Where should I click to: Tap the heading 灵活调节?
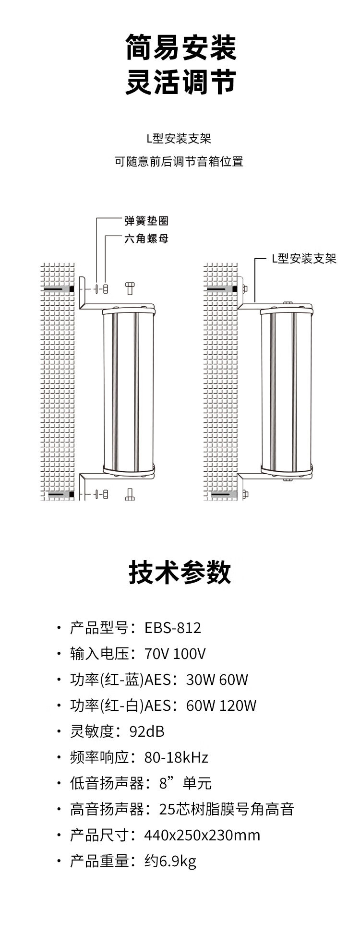click(x=181, y=82)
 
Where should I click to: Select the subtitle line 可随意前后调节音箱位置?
click(x=179, y=162)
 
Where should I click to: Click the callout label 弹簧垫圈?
click(x=146, y=221)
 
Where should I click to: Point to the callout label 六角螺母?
click(x=146, y=239)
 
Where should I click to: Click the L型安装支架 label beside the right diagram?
click(x=304, y=259)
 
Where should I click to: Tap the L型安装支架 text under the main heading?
click(x=179, y=139)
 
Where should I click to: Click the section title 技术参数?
click(x=180, y=573)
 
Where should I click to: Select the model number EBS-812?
click(x=173, y=628)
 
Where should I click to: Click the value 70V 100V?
click(x=175, y=654)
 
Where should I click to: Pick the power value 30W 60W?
click(x=217, y=680)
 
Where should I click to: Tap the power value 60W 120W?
click(x=221, y=706)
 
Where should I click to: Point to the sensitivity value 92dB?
click(x=147, y=731)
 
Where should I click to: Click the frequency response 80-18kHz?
click(x=176, y=757)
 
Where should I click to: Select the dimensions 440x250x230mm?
click(x=202, y=835)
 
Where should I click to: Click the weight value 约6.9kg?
click(x=170, y=861)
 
